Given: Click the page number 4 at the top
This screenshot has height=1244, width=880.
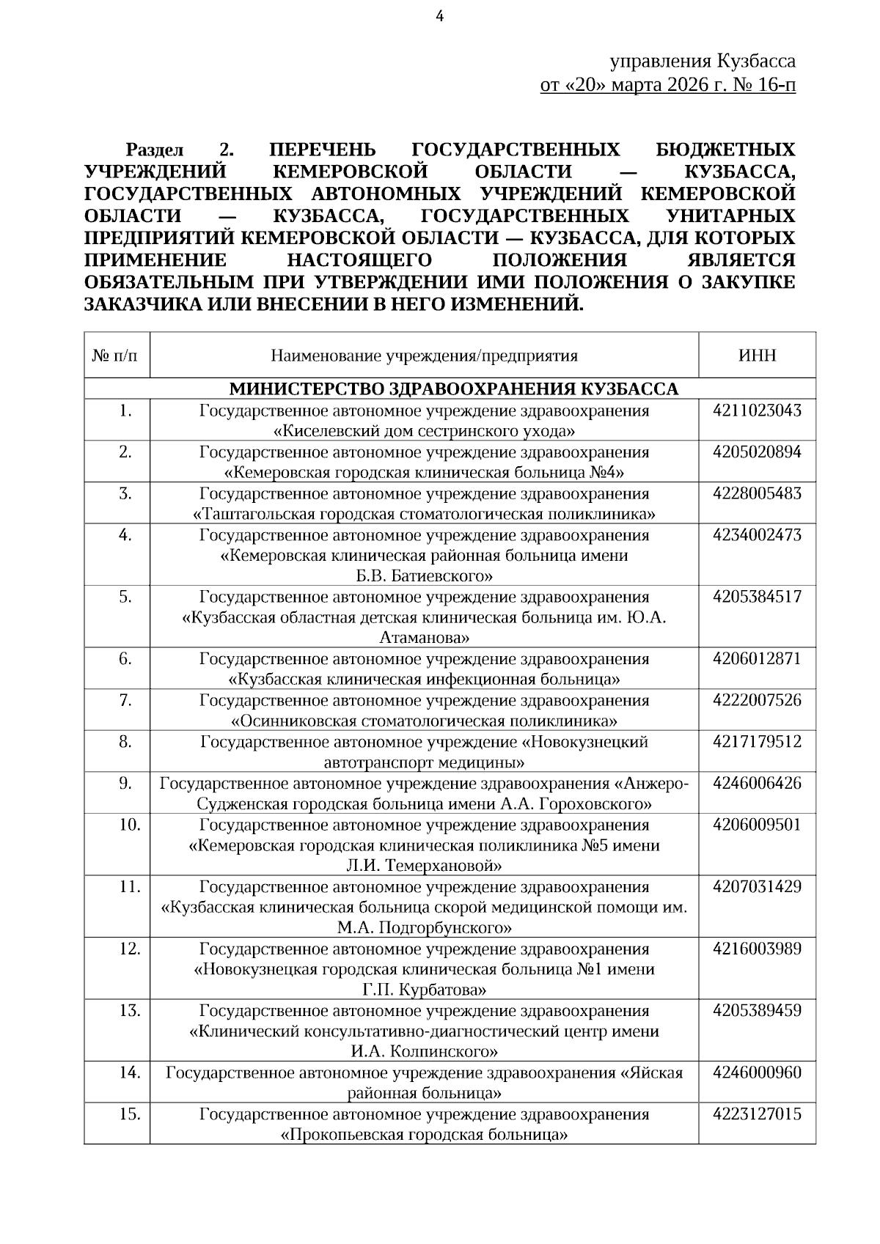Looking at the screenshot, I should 440,17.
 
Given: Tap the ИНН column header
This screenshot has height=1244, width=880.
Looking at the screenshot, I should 757,356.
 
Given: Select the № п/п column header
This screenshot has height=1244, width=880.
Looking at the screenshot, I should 116,356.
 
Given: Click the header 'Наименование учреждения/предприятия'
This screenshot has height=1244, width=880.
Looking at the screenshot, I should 424,356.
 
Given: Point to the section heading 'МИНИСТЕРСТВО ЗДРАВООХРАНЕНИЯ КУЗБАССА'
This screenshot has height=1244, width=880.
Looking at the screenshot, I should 454,389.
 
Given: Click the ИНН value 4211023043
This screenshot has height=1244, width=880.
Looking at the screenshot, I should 757,411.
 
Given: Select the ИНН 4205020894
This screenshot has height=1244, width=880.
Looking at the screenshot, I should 757,452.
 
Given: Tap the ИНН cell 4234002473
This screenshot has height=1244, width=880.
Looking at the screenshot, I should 757,535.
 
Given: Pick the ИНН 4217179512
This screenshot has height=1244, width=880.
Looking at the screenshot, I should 757,742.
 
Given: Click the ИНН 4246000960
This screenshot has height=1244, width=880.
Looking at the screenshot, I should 757,1073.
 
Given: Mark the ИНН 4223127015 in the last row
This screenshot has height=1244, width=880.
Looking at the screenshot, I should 757,1115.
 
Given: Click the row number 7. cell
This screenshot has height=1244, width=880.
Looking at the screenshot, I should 125,701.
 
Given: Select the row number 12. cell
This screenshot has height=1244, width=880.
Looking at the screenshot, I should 129,949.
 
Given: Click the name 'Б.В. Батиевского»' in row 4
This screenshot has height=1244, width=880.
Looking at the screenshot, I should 424,575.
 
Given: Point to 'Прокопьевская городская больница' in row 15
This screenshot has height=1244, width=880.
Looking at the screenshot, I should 424,1136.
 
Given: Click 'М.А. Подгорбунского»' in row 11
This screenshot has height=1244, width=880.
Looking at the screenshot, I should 424,928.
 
